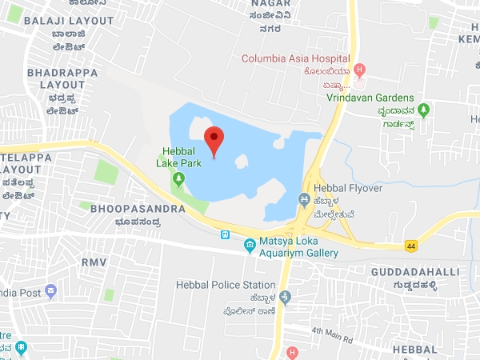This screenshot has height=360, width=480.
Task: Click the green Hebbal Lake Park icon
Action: (x=177, y=175)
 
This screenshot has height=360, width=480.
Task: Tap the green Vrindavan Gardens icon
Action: (x=424, y=109)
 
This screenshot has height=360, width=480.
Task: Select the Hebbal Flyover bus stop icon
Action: (x=303, y=199)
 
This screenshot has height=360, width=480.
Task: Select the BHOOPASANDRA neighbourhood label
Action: (x=138, y=208)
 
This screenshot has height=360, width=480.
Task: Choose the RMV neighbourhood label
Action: (x=93, y=260)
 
